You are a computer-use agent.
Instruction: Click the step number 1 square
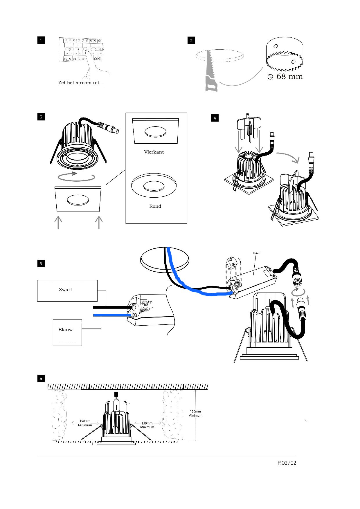coord(41,40)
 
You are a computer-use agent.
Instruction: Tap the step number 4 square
coord(215,118)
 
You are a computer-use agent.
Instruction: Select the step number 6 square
coord(41,378)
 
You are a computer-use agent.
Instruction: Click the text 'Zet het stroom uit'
coord(79,83)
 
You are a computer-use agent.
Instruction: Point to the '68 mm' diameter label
coord(289,77)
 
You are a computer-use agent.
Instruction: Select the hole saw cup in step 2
coord(285,54)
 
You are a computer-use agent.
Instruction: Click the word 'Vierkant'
coord(154,152)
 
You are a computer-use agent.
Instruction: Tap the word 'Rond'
coord(155,206)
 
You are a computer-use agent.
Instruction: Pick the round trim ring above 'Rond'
coord(154,185)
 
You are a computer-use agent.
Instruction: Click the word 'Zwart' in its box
coord(65,290)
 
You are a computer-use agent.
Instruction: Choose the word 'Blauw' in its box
coord(65,330)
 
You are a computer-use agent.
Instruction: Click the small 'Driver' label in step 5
coord(257,253)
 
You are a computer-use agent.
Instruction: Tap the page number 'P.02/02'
coord(287,463)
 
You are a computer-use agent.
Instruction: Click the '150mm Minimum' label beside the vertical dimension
coord(195,414)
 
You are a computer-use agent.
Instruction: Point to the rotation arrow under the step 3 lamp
coord(76,176)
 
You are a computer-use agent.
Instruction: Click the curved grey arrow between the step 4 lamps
coord(289,157)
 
